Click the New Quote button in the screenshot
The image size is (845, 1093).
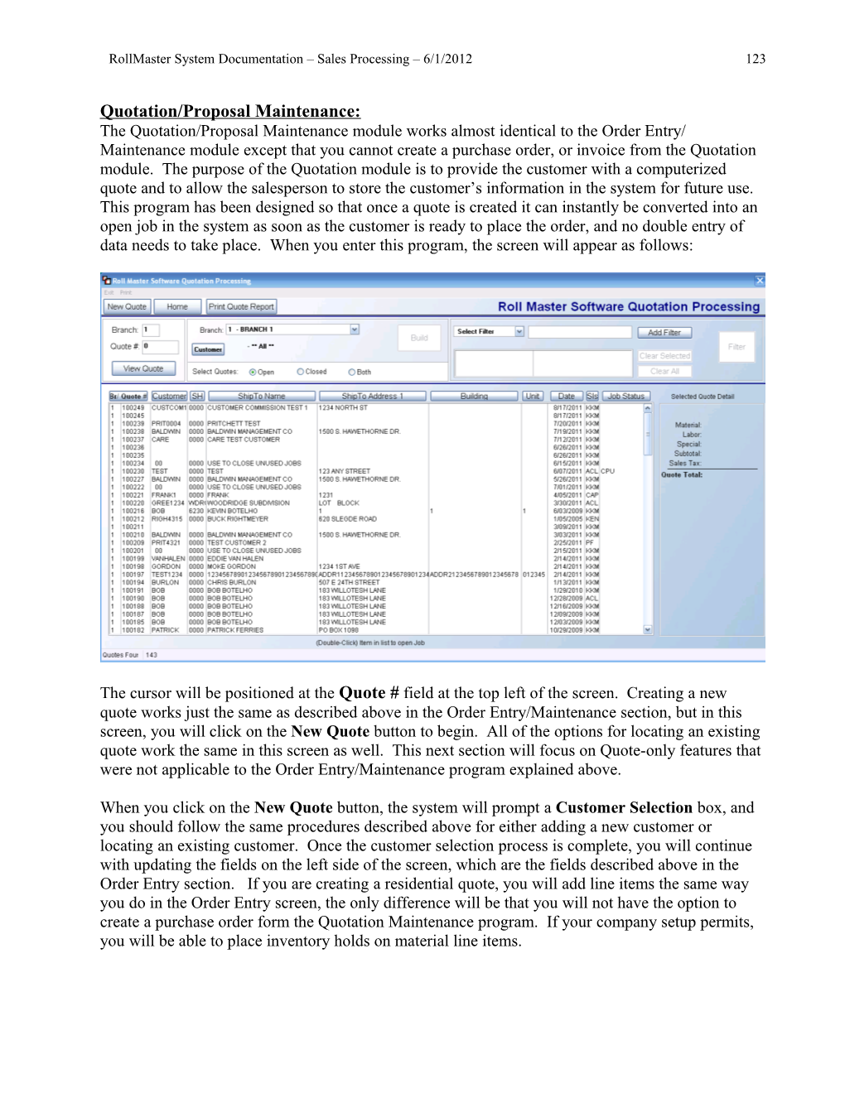[127, 306]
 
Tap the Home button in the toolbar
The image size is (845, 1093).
[176, 306]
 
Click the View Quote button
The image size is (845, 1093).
[143, 368]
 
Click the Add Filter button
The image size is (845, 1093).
[664, 332]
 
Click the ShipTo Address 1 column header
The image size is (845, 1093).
[372, 396]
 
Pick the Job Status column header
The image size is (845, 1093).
[625, 396]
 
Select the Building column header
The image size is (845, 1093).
[474, 396]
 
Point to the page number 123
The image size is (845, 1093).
[756, 59]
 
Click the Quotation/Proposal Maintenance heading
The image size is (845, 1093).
[230, 111]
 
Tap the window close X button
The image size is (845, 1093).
[760, 281]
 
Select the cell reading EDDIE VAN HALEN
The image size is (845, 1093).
[235, 558]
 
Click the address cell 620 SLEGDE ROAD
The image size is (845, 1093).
[347, 518]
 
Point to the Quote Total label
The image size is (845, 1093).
[682, 474]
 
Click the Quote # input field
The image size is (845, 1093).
[161, 346]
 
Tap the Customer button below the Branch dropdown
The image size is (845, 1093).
[208, 349]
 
